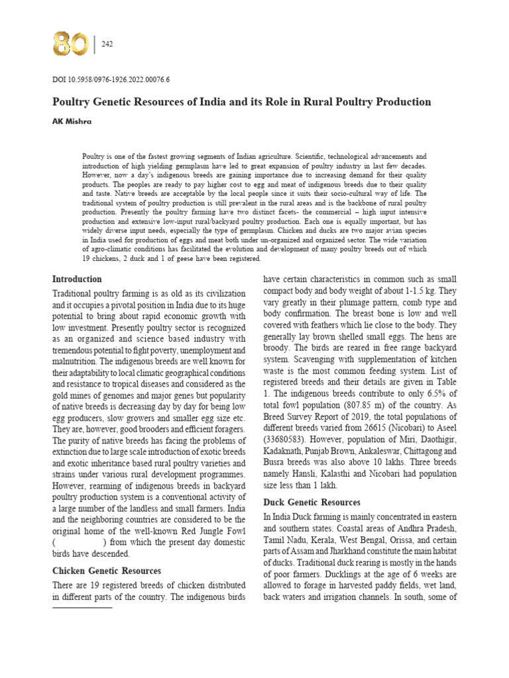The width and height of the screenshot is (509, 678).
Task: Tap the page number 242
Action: point(107,44)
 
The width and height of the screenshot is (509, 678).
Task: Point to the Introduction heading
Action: point(77,279)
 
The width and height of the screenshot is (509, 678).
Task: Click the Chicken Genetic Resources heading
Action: point(106,570)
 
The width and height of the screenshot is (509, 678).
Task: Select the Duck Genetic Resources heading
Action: point(311,503)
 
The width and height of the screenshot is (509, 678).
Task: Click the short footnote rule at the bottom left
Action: point(82,607)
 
